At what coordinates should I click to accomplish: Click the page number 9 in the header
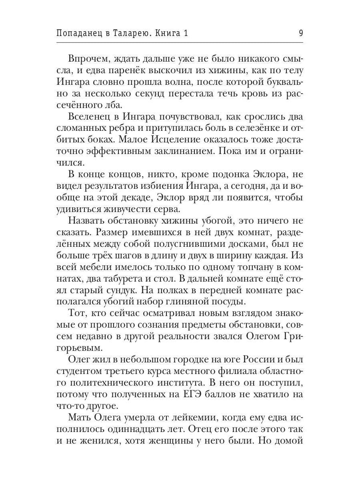coord(300,33)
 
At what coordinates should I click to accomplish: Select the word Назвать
coord(90,221)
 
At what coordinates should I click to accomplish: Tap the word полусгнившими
coord(194,244)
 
